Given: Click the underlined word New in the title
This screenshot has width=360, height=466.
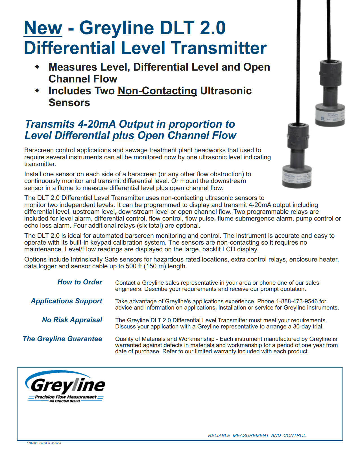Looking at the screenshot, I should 43,28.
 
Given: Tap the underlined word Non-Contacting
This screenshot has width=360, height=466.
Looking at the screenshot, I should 157,91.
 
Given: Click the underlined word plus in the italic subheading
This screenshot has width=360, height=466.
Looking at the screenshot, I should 123,135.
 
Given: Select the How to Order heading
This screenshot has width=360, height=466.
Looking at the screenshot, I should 80,282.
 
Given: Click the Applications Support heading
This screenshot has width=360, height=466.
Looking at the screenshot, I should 66,301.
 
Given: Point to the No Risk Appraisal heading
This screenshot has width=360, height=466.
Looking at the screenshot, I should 72,320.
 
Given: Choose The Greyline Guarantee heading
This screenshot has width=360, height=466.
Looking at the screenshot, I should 62,339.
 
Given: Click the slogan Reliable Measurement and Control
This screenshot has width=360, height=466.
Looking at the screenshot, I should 257,435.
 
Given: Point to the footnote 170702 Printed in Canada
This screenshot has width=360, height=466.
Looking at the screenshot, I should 44,443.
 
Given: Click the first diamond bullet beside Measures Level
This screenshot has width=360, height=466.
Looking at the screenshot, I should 37,67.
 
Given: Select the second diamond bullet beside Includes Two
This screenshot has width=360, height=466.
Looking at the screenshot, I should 37,91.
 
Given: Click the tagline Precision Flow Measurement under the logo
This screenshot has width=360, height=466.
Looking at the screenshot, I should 66,397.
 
